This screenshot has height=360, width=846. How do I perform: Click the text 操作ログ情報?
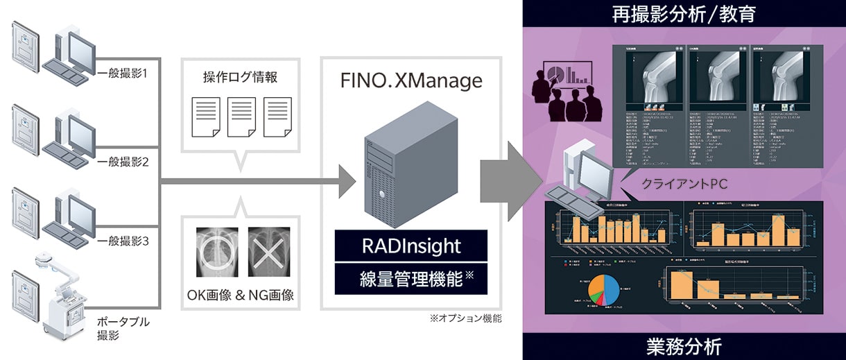coord(239,76)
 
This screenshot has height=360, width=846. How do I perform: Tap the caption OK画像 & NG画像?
coord(241,295)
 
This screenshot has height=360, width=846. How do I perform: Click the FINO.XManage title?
coord(411,81)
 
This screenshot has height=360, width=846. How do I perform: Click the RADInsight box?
coord(411,246)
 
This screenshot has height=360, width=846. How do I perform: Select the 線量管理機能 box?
coord(411,280)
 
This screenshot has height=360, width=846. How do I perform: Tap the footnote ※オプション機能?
coord(465,319)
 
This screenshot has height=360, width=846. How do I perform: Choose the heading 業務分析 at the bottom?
coord(684,345)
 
